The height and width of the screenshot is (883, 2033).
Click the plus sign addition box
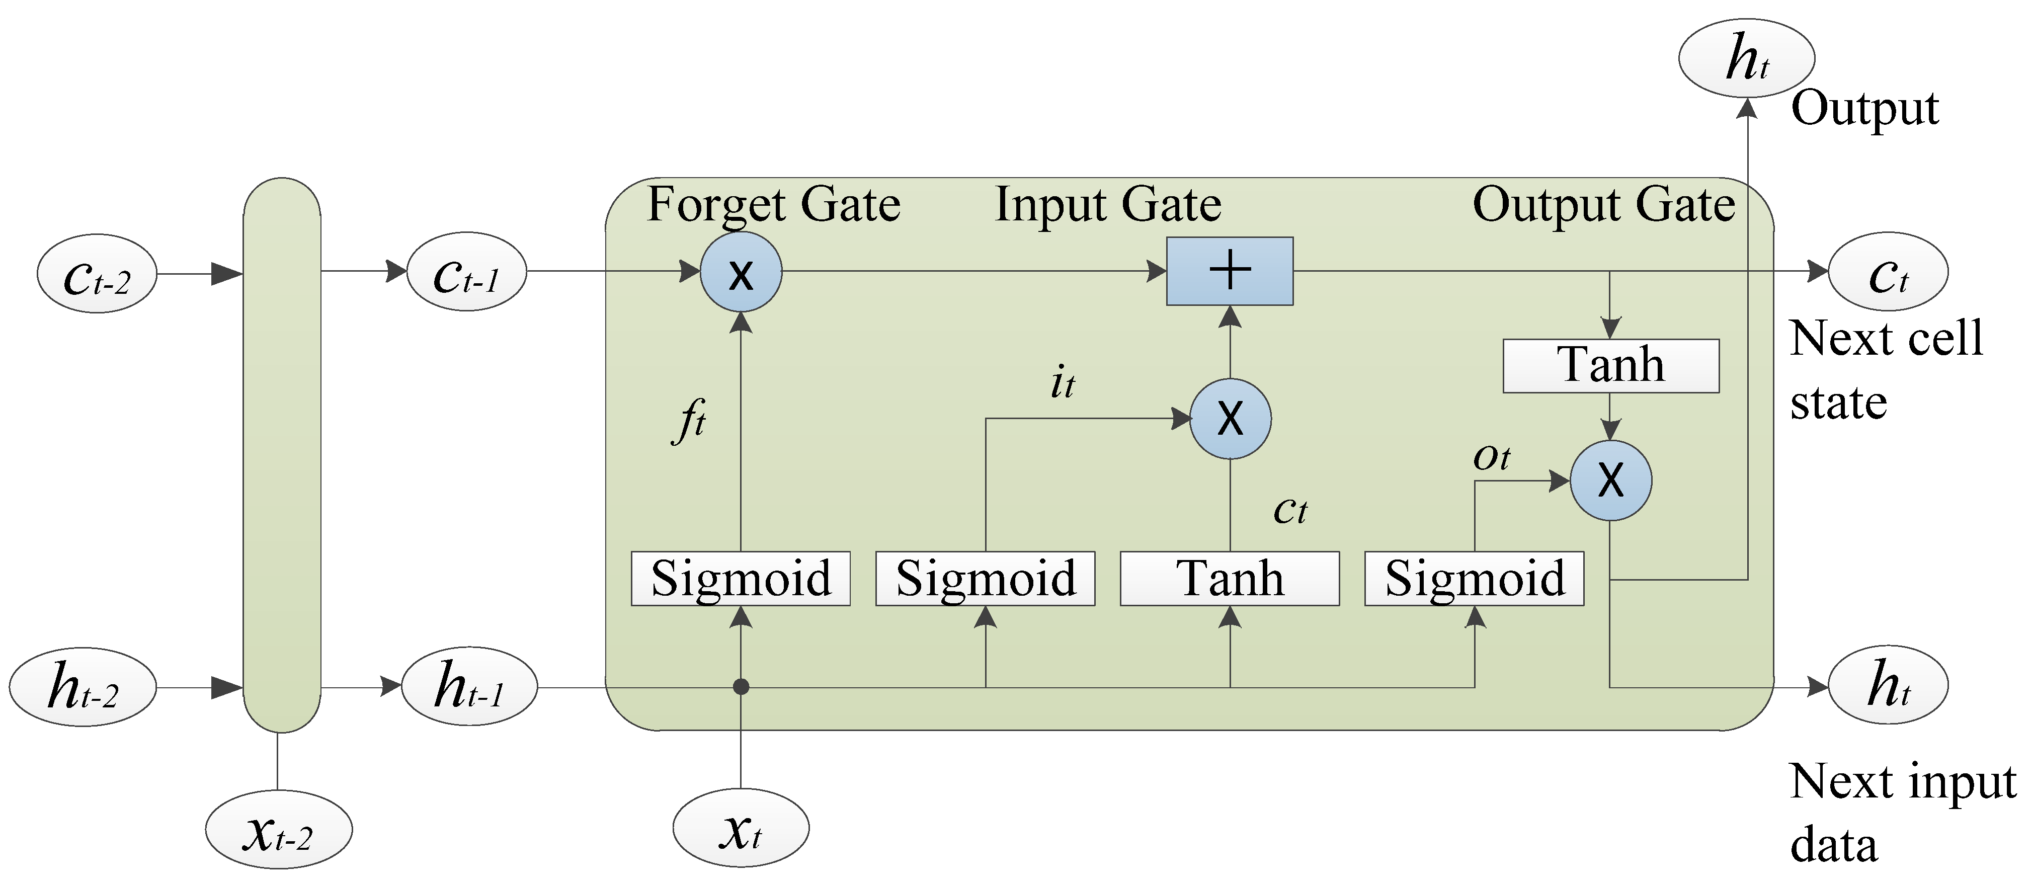click(x=1230, y=271)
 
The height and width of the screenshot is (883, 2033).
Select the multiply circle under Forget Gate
click(x=740, y=272)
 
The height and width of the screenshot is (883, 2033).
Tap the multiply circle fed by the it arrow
click(x=1230, y=418)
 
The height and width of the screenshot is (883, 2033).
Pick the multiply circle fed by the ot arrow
click(x=1610, y=480)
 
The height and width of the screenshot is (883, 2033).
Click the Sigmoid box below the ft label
click(x=740, y=579)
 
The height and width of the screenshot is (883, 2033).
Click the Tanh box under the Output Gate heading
click(x=1610, y=365)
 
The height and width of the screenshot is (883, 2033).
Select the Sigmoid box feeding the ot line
click(x=1474, y=579)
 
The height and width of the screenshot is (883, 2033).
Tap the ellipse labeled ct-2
click(x=96, y=273)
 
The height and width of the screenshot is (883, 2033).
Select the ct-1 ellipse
click(x=466, y=272)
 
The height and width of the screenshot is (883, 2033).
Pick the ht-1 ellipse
click(x=469, y=686)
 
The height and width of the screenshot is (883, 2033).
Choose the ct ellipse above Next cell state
click(x=1888, y=272)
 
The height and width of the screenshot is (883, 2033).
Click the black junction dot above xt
click(x=740, y=686)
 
